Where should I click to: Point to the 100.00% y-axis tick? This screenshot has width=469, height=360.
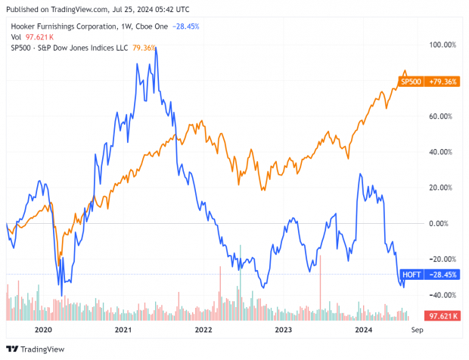tap(441, 45)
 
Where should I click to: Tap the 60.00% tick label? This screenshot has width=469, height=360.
tap(442, 116)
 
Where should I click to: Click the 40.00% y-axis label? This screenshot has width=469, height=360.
tap(442, 152)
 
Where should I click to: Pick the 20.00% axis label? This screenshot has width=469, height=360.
tap(442, 188)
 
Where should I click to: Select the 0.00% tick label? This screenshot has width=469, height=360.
tap(443, 223)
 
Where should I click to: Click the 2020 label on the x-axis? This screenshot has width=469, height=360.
tap(43, 331)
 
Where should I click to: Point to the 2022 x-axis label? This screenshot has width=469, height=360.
tap(203, 331)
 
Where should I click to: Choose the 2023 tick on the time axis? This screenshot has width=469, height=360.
tap(283, 331)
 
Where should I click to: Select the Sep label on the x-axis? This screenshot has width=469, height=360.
tap(416, 331)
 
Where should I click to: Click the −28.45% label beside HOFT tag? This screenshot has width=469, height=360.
tap(443, 274)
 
